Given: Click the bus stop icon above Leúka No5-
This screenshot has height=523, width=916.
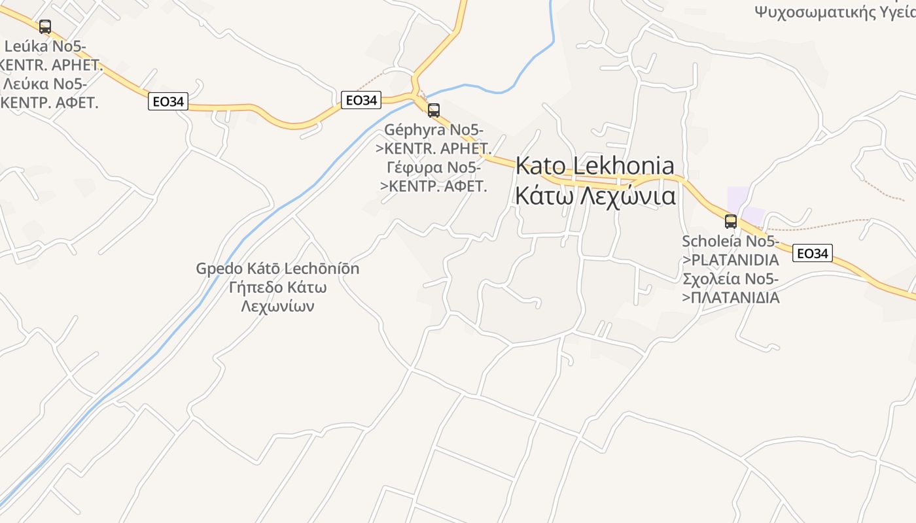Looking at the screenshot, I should [45, 27].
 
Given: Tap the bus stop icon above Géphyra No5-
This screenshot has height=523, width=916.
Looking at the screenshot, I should [433, 110].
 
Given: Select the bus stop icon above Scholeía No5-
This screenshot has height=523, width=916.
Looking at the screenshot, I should [731, 221].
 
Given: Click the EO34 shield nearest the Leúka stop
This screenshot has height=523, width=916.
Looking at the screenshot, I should [168, 101].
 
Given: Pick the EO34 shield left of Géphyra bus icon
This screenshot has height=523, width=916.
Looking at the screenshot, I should [361, 100].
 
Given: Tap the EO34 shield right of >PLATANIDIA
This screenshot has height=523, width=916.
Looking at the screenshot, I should [812, 254].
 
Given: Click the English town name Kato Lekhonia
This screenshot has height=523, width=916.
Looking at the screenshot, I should [595, 166].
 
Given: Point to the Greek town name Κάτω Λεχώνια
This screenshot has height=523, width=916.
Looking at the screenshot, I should [595, 195].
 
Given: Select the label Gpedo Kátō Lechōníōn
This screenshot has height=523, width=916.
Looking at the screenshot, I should [277, 269].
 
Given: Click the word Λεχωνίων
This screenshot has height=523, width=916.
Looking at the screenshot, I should [277, 306].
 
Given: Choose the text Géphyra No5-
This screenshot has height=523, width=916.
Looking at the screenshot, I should [434, 130].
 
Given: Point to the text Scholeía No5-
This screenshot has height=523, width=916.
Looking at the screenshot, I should [730, 242].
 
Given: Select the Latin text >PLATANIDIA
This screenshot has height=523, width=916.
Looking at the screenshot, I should [730, 260].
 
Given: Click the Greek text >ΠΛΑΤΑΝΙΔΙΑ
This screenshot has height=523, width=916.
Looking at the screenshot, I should [730, 298].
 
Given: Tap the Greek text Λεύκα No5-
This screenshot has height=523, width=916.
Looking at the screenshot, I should [45, 84].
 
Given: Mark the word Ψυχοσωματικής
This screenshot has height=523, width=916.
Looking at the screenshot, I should [818, 11].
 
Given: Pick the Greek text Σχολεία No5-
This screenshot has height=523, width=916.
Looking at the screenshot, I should [730, 279].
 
